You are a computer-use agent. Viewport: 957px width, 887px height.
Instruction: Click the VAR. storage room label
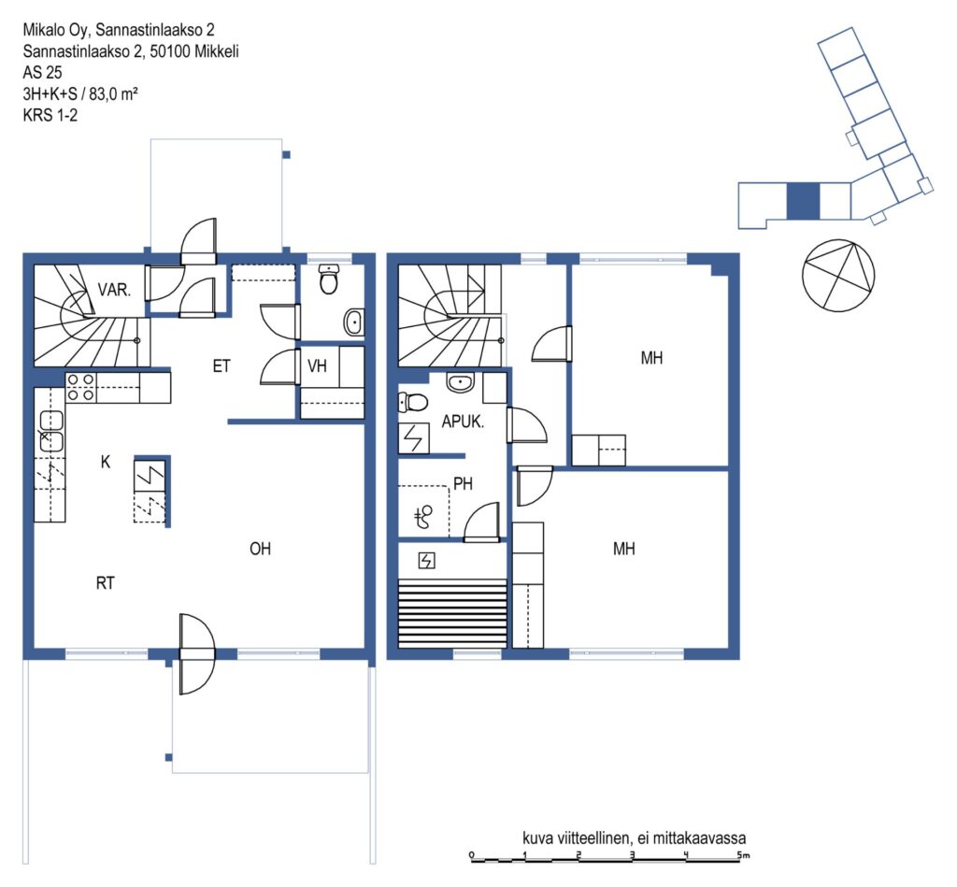(x=114, y=290)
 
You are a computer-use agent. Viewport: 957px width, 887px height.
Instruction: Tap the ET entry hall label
(x=221, y=365)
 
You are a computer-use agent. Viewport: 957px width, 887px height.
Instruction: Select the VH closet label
(x=317, y=365)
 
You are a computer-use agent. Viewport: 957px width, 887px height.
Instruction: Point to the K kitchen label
(x=106, y=462)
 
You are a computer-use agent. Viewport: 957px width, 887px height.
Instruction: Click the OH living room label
(x=260, y=549)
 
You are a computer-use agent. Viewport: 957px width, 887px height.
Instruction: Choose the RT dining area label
(x=105, y=583)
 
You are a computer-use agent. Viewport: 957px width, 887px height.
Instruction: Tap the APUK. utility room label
(x=463, y=422)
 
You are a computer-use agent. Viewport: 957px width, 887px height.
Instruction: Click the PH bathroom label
(x=464, y=483)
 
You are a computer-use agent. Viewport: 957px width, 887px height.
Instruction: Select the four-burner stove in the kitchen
(x=80, y=387)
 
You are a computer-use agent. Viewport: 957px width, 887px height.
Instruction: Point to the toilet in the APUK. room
(x=413, y=402)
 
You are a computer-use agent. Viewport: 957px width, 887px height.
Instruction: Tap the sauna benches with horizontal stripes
(x=452, y=613)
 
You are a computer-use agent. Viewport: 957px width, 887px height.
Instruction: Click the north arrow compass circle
(x=838, y=276)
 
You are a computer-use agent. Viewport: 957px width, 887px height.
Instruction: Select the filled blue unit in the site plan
(x=803, y=202)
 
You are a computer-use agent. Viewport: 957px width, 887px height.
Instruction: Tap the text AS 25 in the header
(x=42, y=73)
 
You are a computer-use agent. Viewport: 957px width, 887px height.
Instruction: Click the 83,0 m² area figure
(x=113, y=94)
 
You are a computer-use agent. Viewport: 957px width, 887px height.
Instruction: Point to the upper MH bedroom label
(x=651, y=358)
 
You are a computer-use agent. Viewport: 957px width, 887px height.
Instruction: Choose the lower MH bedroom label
(x=623, y=549)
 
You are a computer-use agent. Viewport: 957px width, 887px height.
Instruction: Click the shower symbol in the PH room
(x=423, y=517)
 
